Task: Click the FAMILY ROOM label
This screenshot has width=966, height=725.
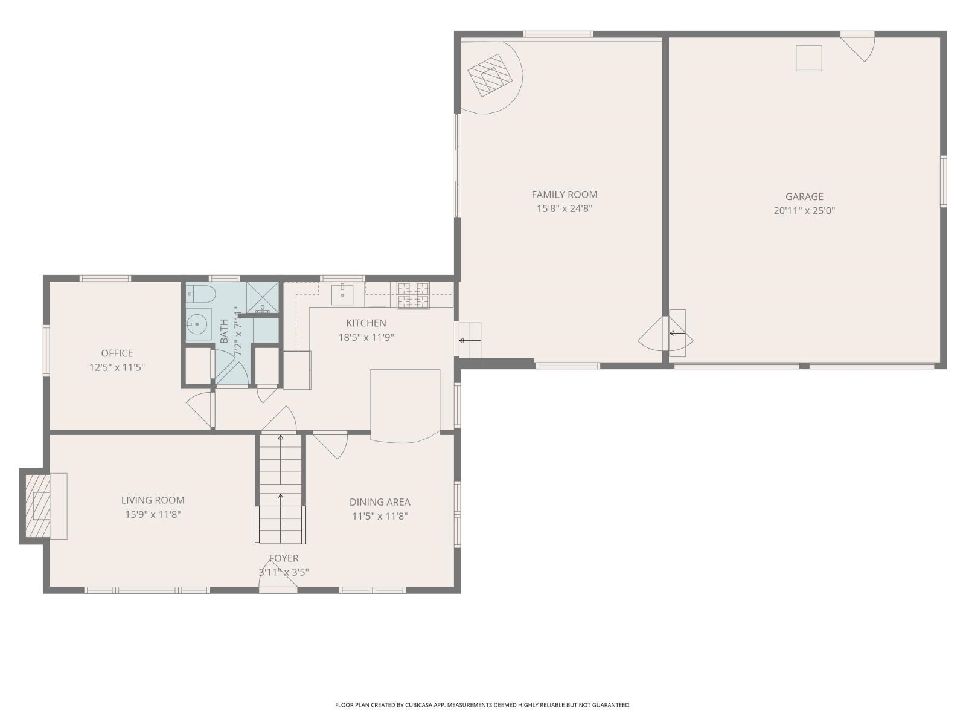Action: point(564,195)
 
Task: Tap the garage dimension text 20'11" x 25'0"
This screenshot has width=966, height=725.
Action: point(804,211)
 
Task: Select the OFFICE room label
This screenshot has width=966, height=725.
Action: point(117,353)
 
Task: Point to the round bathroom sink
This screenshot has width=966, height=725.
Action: point(197,324)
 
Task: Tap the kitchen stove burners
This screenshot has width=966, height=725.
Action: point(413,294)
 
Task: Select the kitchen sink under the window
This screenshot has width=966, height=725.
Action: point(342,295)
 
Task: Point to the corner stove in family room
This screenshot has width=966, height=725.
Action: point(490,76)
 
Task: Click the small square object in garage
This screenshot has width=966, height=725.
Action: point(808,58)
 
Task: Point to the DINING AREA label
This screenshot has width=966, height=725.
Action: point(380,502)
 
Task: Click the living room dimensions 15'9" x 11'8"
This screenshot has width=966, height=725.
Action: point(153,515)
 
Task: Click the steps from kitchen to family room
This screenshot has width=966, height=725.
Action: point(469,340)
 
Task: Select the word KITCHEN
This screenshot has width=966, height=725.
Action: point(366,323)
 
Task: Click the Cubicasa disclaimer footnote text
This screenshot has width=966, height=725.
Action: point(482,705)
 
